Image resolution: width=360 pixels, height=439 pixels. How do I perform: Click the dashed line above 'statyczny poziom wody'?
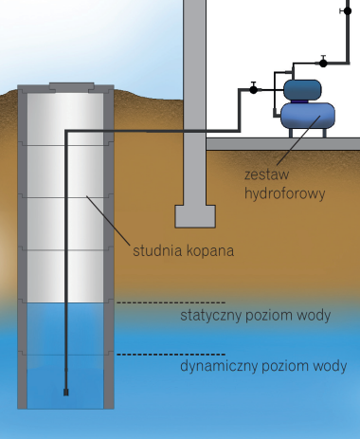coord(171,302)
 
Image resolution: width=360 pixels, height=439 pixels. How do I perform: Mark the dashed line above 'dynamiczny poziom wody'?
coord(171,355)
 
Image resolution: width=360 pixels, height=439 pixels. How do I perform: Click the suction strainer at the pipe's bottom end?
coord(66,390)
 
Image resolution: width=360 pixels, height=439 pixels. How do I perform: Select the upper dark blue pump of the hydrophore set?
coord(304,89)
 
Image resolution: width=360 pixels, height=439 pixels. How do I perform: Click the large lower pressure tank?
coord(307,115)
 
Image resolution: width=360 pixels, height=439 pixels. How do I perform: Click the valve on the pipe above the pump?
coord(323,62)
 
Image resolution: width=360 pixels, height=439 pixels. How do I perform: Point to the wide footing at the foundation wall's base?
coord(194,216)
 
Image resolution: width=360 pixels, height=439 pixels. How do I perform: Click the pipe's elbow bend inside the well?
coord(66,131)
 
